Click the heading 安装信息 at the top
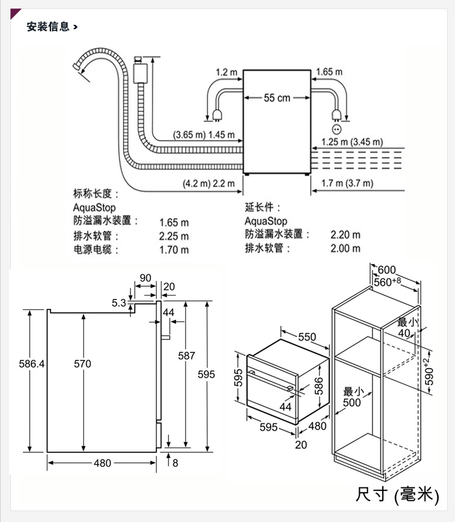pyautogui.click(x=48, y=27)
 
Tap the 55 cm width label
pyautogui.click(x=277, y=98)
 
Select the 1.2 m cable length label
pyautogui.click(x=226, y=72)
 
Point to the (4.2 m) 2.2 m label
pyautogui.click(x=208, y=183)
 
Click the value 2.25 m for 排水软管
pyautogui.click(x=174, y=236)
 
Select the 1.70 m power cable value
pyautogui.click(x=174, y=250)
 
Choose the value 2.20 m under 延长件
pyautogui.click(x=345, y=235)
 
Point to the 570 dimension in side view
pyautogui.click(x=83, y=364)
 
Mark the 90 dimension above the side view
pyautogui.click(x=146, y=278)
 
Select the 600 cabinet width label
pyautogui.click(x=387, y=270)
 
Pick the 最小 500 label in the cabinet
pyautogui.click(x=351, y=397)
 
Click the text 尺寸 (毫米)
pyautogui.click(x=397, y=495)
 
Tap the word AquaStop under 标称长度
pyautogui.click(x=94, y=207)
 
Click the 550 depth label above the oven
pyautogui.click(x=307, y=336)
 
